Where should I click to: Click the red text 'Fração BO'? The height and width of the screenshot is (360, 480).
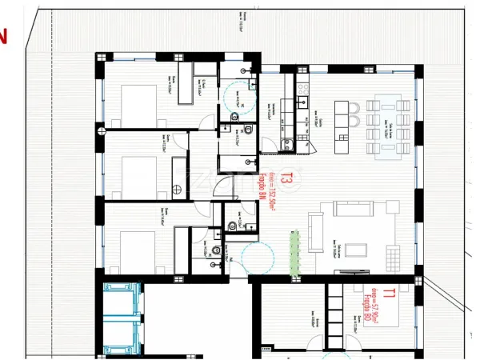pyautogui.click(x=369, y=308)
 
